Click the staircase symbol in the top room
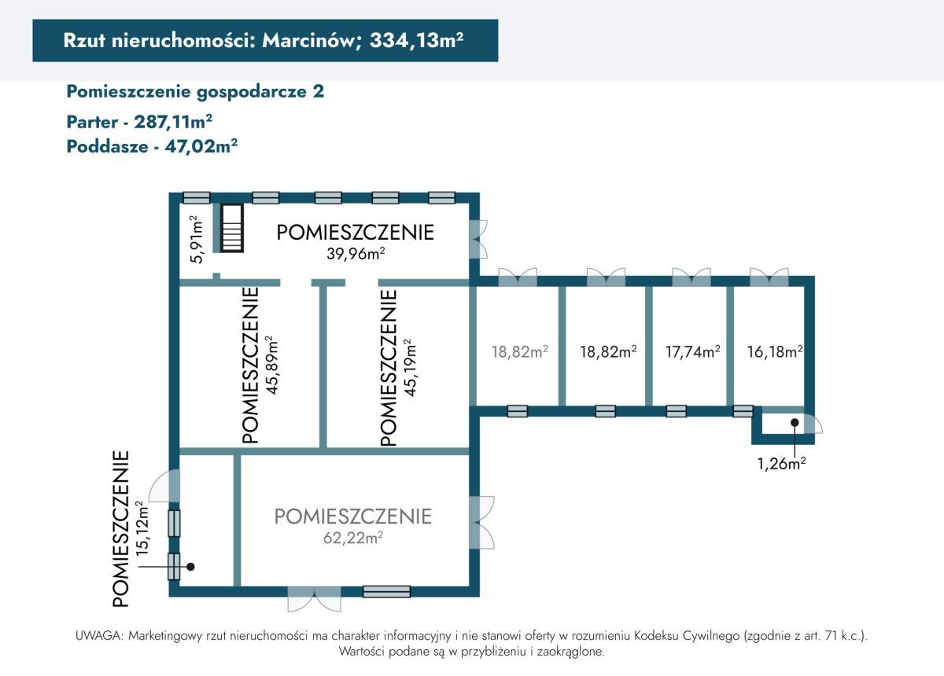(x=231, y=228)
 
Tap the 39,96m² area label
(x=356, y=253)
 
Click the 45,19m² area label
(x=409, y=367)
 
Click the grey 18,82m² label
(x=519, y=351)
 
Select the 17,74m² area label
(x=691, y=351)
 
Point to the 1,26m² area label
(x=781, y=463)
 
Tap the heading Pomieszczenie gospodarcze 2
(x=195, y=91)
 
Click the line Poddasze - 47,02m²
(x=153, y=145)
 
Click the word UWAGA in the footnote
(x=98, y=635)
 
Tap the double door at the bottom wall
(x=314, y=599)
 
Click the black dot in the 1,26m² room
(x=795, y=422)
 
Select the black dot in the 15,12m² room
(x=190, y=565)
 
